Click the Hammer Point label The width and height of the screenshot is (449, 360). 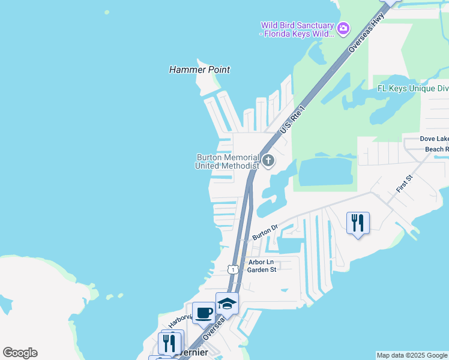click(199, 70)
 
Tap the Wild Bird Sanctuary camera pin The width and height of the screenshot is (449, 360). click(343, 28)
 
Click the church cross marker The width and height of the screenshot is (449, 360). click(268, 161)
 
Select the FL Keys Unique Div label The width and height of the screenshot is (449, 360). click(412, 88)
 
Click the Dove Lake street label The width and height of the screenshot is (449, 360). click(433, 139)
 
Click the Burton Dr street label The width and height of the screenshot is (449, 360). click(265, 232)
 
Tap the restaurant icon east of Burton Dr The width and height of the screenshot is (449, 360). click(358, 223)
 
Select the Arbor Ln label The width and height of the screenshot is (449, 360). click(261, 262)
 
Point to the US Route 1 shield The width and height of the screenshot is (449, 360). click(232, 269)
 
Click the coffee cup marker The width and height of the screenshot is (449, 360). click(204, 313)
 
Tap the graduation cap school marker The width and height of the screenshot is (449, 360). click(227, 304)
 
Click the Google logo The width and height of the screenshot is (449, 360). click(20, 353)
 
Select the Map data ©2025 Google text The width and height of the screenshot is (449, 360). click(412, 355)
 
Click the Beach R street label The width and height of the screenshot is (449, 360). click(436, 149)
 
